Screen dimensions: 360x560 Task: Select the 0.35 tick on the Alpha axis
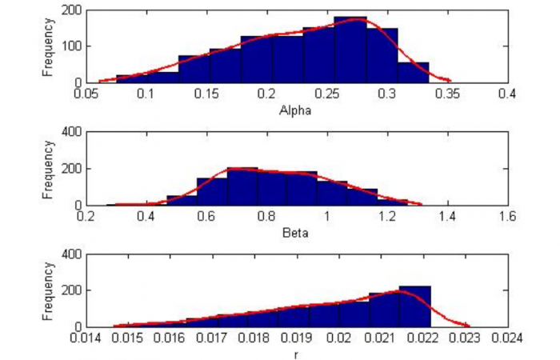446,94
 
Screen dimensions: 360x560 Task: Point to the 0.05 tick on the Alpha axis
86,94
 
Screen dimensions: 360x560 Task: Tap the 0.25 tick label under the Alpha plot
326,94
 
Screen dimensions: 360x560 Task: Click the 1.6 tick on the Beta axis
507,217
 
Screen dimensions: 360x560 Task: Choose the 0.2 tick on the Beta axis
86,217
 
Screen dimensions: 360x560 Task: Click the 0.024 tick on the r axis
507,339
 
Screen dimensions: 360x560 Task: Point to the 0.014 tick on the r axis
86,339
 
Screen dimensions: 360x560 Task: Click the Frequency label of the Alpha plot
48,46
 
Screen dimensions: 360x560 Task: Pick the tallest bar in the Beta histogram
242,186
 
